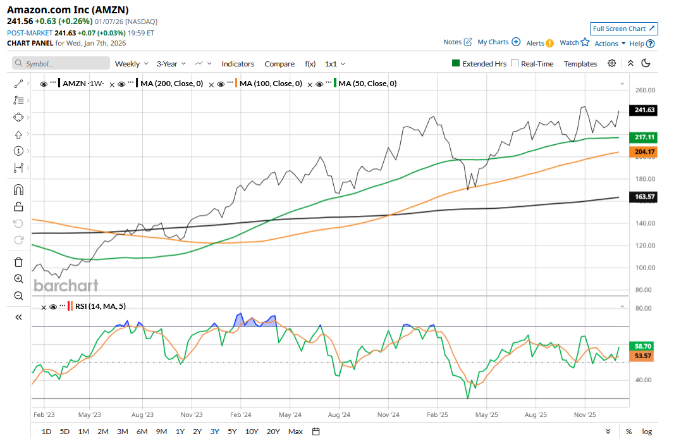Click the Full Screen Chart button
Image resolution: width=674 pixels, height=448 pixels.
tap(624, 28)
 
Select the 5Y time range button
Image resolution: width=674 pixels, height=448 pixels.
tap(232, 432)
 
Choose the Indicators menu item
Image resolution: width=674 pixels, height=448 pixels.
tap(238, 64)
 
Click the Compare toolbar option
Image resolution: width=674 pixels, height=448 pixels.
tap(279, 64)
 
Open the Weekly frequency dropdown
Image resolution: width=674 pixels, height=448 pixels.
tap(132, 64)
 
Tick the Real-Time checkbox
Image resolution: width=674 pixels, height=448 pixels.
tap(515, 63)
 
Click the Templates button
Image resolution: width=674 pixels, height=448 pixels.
tap(580, 64)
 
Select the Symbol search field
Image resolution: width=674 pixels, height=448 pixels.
tap(61, 64)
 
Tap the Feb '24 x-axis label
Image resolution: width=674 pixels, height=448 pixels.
tap(241, 415)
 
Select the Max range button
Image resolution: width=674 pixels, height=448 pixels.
tap(295, 432)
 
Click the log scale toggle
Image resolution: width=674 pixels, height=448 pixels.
tap(647, 432)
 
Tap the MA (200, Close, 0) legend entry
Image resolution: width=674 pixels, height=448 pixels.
tap(171, 84)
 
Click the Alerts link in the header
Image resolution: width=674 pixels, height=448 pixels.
tap(540, 43)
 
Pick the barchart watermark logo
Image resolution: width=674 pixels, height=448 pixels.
tap(66, 285)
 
